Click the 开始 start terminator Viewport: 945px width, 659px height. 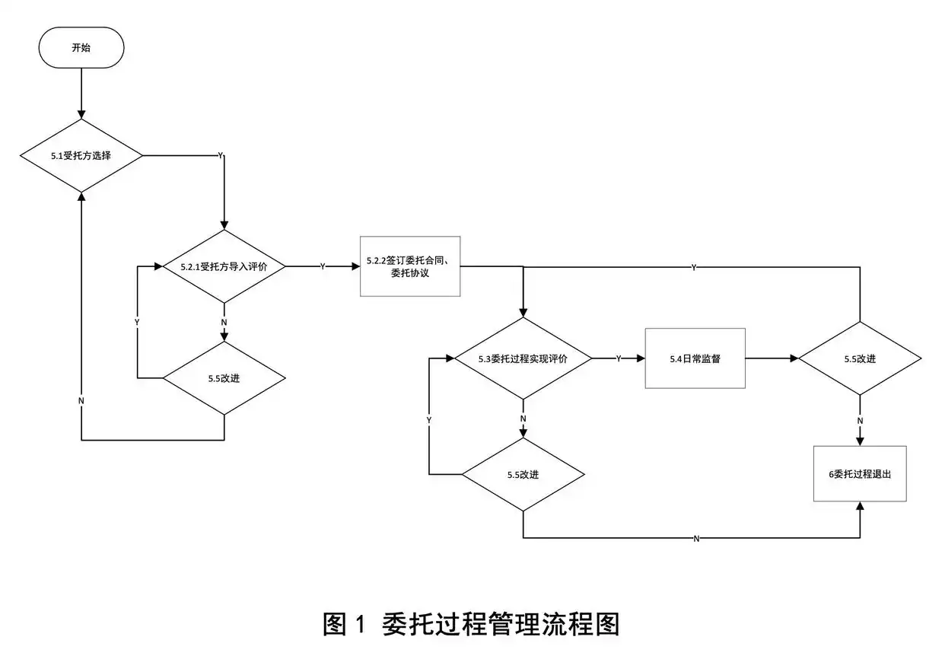[81, 47]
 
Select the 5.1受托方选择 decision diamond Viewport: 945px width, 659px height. [81, 155]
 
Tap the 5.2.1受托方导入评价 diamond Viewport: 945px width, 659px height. [224, 267]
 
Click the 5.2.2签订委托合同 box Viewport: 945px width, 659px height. [410, 266]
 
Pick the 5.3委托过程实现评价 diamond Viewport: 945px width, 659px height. [523, 358]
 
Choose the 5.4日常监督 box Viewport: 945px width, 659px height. [695, 358]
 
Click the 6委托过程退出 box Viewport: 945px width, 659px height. [860, 473]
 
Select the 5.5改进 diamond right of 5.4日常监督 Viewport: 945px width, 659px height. [860, 358]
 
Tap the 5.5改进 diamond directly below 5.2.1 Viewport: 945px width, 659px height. [224, 378]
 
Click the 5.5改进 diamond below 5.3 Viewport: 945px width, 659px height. [523, 474]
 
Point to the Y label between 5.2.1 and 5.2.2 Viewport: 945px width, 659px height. [323, 267]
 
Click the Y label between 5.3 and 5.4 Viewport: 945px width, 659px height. [618, 358]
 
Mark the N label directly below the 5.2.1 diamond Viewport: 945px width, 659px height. [224, 322]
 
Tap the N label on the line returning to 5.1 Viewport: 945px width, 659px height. [81, 400]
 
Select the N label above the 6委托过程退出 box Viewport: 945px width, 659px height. [860, 420]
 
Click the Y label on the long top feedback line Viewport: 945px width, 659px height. [693, 268]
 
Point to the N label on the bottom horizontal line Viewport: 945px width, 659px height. [696, 539]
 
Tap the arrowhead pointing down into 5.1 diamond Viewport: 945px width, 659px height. [81, 115]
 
